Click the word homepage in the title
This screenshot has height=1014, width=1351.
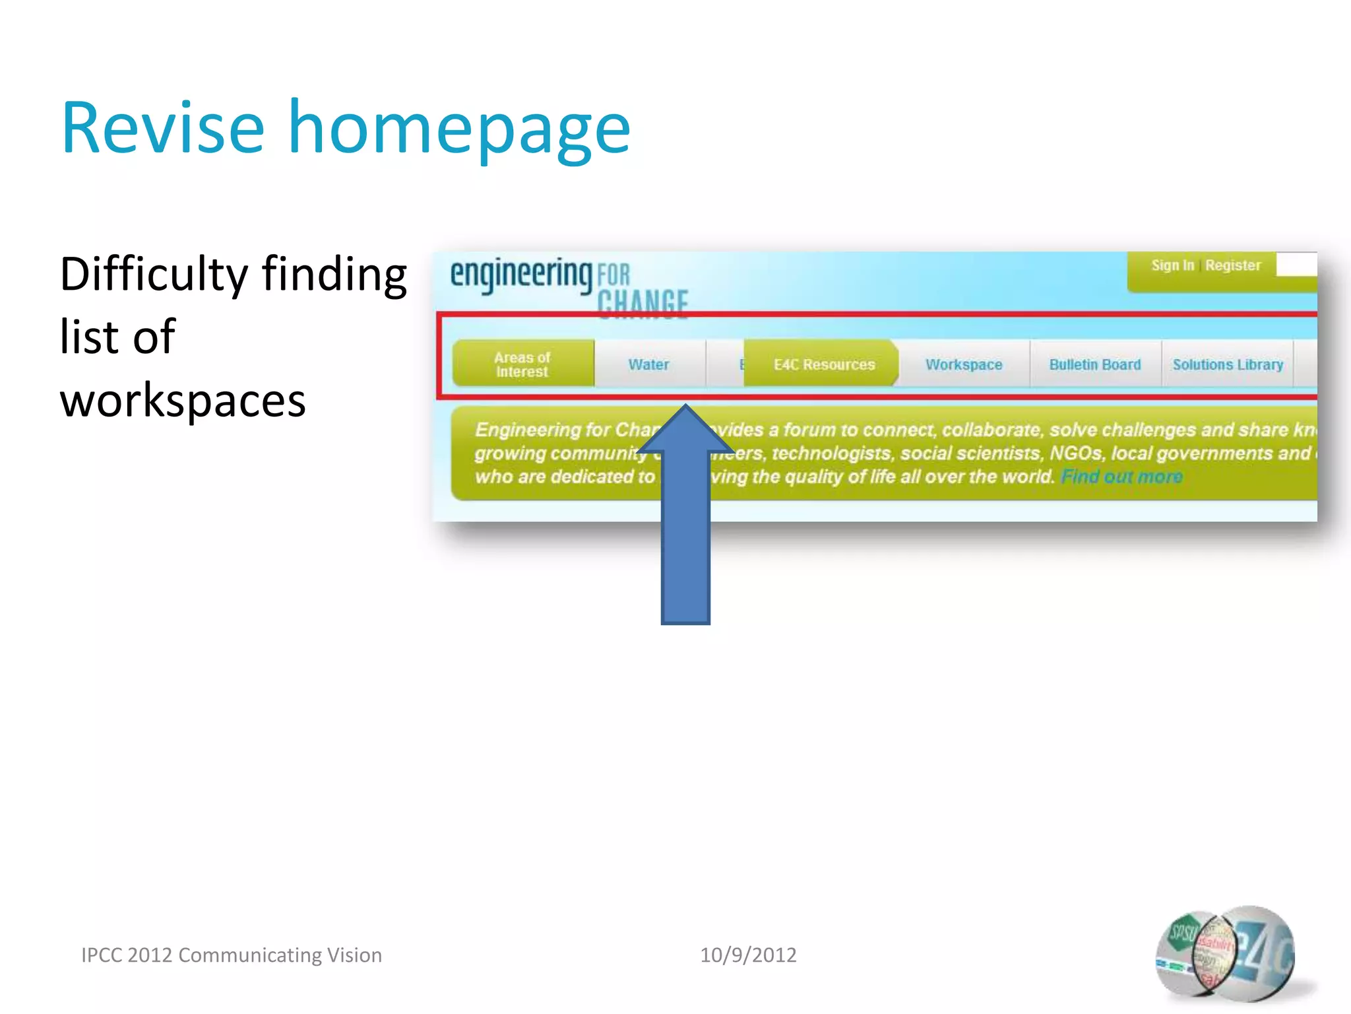[x=459, y=130]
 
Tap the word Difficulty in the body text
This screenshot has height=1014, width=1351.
[x=154, y=275]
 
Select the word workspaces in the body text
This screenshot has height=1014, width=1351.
[x=183, y=401]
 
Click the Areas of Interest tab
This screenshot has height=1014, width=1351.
[x=522, y=364]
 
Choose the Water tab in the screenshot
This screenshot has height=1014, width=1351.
[x=648, y=364]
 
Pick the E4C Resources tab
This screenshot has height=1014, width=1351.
[x=823, y=364]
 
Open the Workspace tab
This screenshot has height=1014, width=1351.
[x=963, y=364]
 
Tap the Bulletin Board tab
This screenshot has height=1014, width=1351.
[x=1094, y=364]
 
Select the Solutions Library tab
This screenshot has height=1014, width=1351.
[x=1228, y=364]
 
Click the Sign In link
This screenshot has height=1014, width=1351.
[x=1172, y=265]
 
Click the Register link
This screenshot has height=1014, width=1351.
[x=1232, y=265]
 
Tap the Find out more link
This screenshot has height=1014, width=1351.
[x=1121, y=477]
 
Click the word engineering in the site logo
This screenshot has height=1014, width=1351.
[x=521, y=274]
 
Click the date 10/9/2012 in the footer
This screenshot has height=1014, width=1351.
[x=748, y=955]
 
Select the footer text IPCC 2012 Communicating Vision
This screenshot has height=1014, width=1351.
[x=232, y=955]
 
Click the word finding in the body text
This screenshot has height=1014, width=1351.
[x=334, y=275]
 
